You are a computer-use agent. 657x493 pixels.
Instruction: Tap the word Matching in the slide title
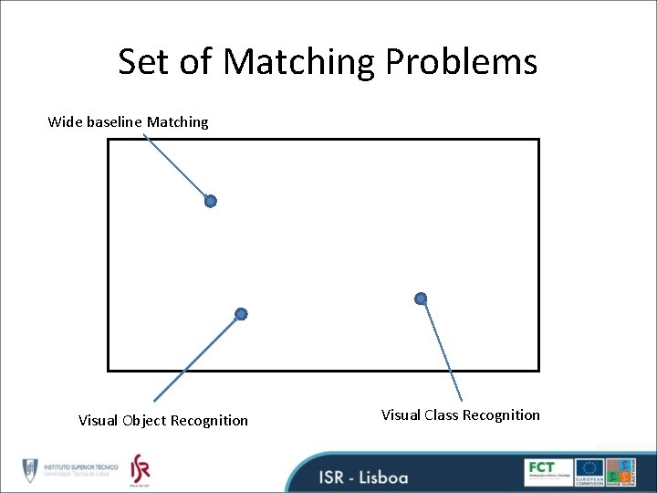pyautogui.click(x=299, y=62)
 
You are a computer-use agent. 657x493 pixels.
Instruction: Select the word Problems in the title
pyautogui.click(x=461, y=62)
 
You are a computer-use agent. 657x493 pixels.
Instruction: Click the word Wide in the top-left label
pyautogui.click(x=65, y=121)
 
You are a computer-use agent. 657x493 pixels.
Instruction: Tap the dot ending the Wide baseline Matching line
pyautogui.click(x=210, y=201)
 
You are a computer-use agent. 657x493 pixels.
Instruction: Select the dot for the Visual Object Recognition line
pyautogui.click(x=241, y=314)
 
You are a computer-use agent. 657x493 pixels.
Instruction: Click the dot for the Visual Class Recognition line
pyautogui.click(x=421, y=299)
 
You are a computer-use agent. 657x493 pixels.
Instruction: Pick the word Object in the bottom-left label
pyautogui.click(x=145, y=421)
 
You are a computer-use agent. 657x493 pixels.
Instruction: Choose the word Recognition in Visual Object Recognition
pyautogui.click(x=209, y=421)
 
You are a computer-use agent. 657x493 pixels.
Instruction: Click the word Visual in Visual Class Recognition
pyautogui.click(x=401, y=415)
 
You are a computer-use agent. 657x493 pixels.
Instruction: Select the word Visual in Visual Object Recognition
pyautogui.click(x=98, y=421)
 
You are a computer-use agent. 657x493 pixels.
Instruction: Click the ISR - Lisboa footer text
pyautogui.click(x=363, y=477)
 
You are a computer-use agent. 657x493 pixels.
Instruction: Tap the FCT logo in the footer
pyautogui.click(x=547, y=471)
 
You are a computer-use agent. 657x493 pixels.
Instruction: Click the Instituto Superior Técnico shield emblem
pyautogui.click(x=31, y=471)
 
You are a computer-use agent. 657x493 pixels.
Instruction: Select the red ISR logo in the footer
pyautogui.click(x=140, y=469)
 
